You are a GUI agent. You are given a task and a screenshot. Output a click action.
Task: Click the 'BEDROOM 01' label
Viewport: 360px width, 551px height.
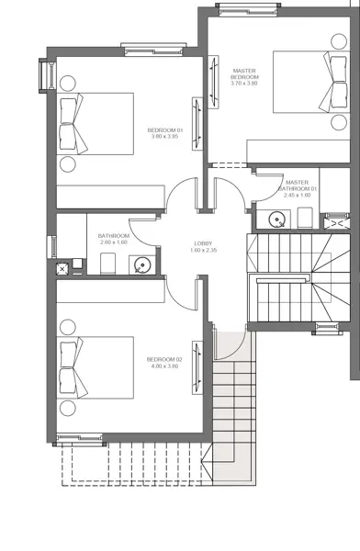click(166, 130)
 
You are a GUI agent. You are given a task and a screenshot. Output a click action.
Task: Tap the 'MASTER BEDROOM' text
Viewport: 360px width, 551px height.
click(244, 73)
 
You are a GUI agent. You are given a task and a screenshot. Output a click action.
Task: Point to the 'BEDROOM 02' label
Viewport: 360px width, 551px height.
click(164, 359)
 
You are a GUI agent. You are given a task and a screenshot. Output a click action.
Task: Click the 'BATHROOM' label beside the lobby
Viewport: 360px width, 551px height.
click(114, 236)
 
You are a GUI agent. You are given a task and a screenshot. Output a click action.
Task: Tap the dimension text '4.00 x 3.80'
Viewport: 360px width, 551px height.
click(164, 366)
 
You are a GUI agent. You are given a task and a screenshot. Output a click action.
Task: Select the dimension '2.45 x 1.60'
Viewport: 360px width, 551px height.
click(299, 195)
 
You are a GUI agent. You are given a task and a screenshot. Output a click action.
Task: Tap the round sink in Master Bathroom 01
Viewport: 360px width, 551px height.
click(275, 219)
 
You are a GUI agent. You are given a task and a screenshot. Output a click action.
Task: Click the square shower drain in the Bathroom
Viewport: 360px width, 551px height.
click(63, 269)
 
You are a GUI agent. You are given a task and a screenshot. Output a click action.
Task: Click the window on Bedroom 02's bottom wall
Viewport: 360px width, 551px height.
click(80, 439)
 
